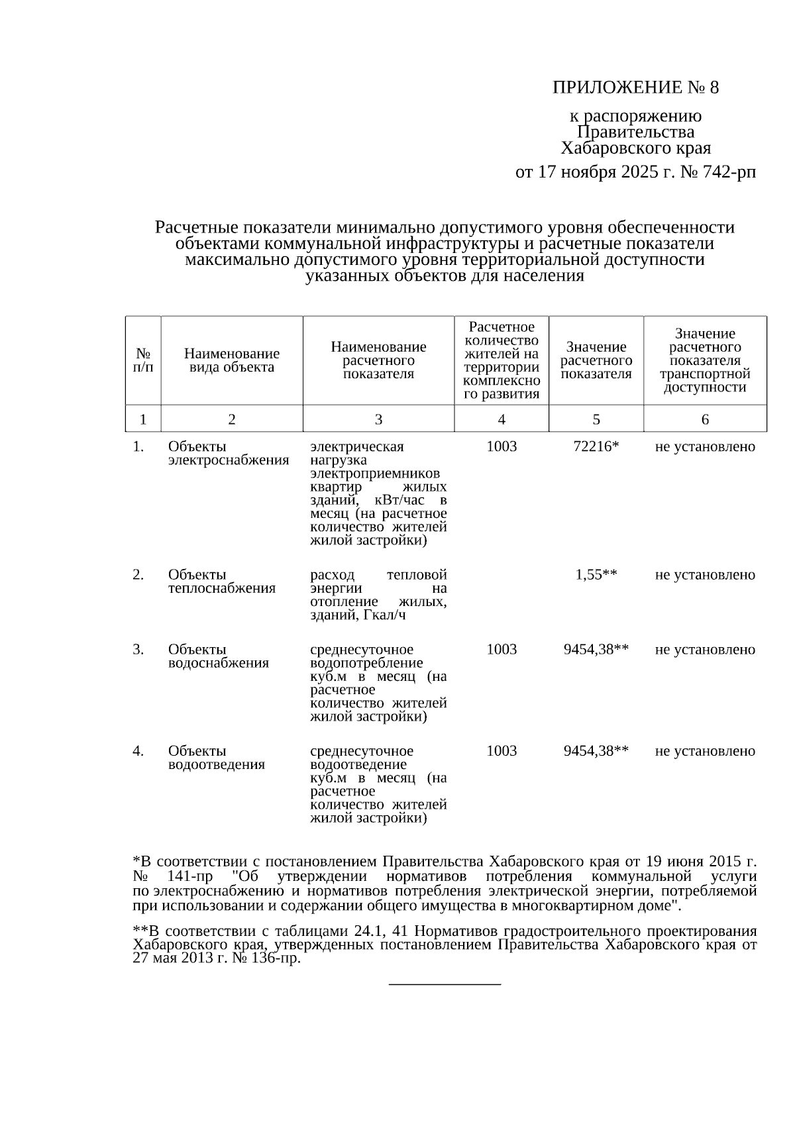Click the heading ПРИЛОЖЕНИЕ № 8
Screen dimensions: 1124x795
[635, 87]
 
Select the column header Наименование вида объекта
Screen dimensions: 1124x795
[231, 360]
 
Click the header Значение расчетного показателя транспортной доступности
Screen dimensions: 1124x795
[704, 360]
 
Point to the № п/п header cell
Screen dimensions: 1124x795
[142, 360]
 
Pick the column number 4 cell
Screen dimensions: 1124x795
[501, 419]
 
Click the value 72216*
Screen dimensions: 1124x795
[596, 446]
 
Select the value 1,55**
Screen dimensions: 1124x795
[596, 575]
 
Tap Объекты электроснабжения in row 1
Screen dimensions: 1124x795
[228, 453]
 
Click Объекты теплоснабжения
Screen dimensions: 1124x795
[221, 582]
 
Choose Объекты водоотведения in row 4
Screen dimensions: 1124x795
[216, 758]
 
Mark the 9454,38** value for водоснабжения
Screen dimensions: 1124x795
[596, 650]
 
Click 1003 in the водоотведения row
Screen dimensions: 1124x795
[501, 751]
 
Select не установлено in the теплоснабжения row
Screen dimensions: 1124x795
[704, 575]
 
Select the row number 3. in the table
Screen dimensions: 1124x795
[138, 650]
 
